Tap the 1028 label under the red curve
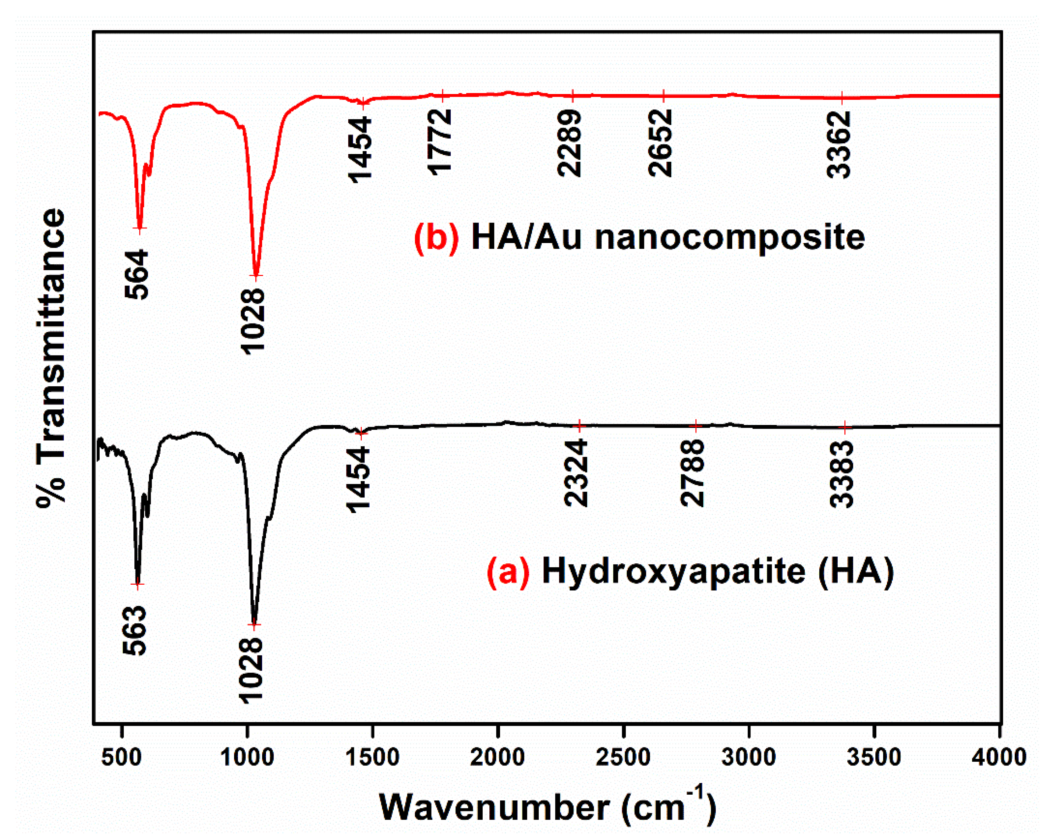click(x=254, y=321)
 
